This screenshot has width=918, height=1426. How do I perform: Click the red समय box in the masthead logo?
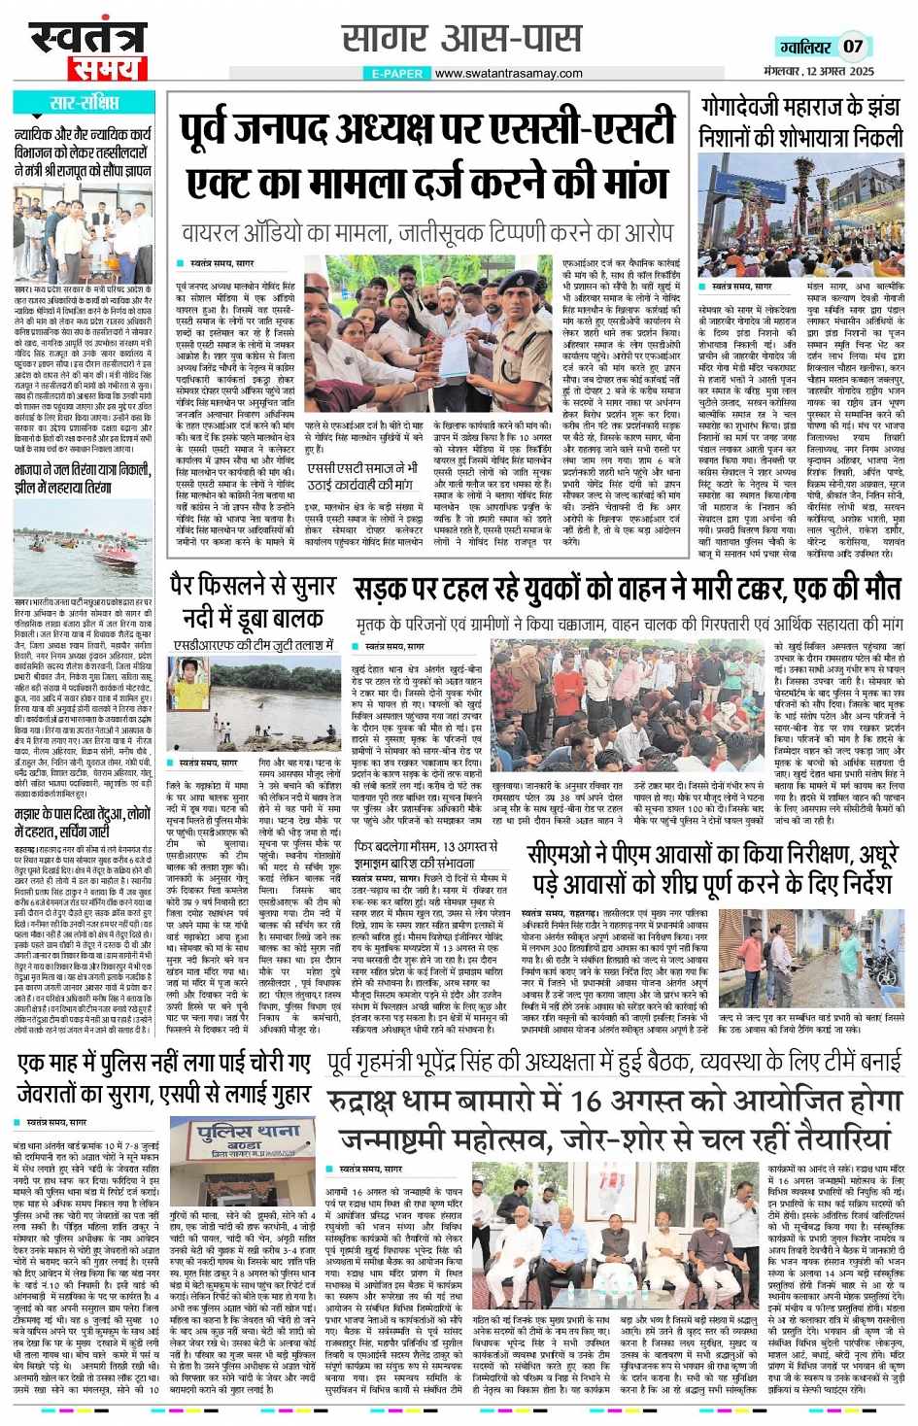[x=106, y=69]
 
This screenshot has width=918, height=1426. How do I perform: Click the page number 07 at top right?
[x=852, y=46]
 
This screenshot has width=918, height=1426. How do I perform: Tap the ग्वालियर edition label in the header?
[x=804, y=47]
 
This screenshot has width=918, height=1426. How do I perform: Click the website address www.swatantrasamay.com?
[x=508, y=73]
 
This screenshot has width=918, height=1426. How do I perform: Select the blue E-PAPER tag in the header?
[x=396, y=73]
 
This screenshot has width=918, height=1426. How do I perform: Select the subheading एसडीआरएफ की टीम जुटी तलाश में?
[x=255, y=645]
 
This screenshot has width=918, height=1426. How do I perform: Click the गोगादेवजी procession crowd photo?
[x=800, y=214]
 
